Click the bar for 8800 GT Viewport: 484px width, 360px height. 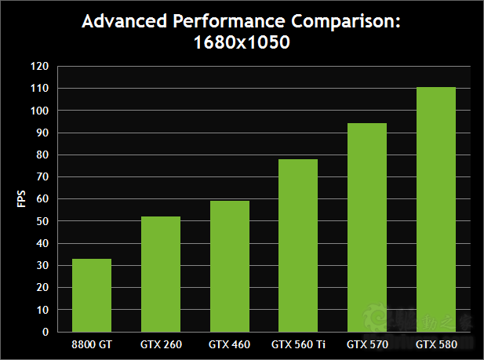(x=92, y=295)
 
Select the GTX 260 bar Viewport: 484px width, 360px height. (x=161, y=274)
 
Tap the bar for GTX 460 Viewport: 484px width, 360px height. (x=230, y=266)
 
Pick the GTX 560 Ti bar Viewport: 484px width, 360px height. (x=298, y=245)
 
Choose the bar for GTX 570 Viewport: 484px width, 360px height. (x=367, y=227)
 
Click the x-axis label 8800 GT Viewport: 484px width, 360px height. (x=92, y=344)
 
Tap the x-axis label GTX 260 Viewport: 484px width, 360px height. (x=161, y=344)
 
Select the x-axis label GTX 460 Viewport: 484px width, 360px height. (x=230, y=344)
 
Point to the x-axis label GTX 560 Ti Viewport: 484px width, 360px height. (x=298, y=344)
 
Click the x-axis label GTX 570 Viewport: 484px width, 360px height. (x=367, y=344)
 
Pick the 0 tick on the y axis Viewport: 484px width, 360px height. (x=45, y=332)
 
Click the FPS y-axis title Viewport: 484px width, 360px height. (x=21, y=199)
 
